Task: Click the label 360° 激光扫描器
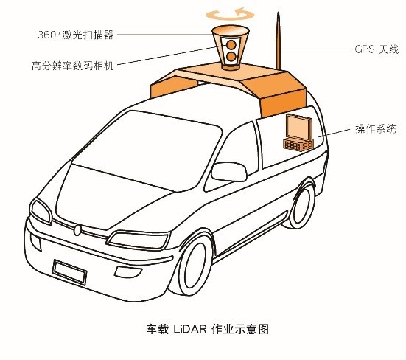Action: coord(76,35)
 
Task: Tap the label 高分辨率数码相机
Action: coord(73,66)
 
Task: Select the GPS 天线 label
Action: coord(377,49)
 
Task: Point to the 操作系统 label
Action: coord(376,128)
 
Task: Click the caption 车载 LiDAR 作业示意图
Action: coord(208,329)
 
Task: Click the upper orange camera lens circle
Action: coord(231,45)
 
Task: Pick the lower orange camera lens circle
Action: coord(231,57)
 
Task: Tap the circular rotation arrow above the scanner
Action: coord(230,15)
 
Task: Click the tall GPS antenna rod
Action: coord(279,41)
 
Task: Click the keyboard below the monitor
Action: coord(298,145)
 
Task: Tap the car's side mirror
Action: coord(229,171)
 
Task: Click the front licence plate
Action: coord(69,272)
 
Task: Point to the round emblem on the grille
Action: coord(77,230)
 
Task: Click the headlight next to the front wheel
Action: coord(139,240)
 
